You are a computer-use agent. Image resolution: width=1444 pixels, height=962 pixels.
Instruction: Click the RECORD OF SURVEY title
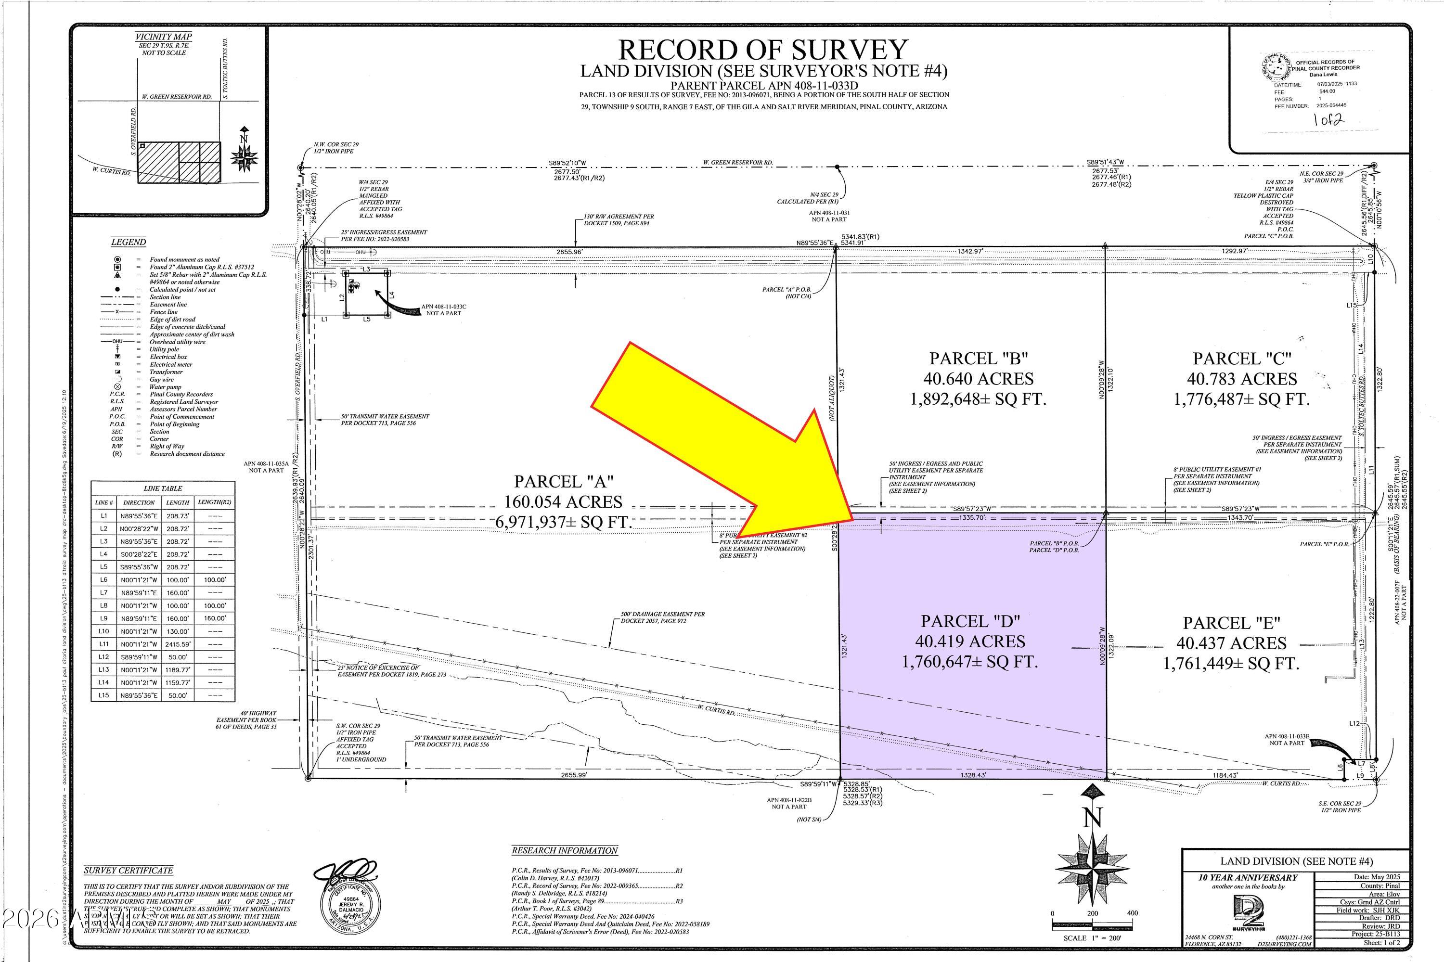[763, 50]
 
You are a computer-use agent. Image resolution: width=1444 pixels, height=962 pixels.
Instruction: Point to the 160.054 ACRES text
[563, 501]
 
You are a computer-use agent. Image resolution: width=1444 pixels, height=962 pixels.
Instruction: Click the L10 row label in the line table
[103, 631]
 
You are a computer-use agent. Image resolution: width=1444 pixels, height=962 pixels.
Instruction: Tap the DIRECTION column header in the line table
[139, 502]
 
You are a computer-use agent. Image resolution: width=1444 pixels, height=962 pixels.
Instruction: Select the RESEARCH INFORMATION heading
[565, 850]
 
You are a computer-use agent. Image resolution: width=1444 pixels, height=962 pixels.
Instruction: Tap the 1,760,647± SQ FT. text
[969, 662]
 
